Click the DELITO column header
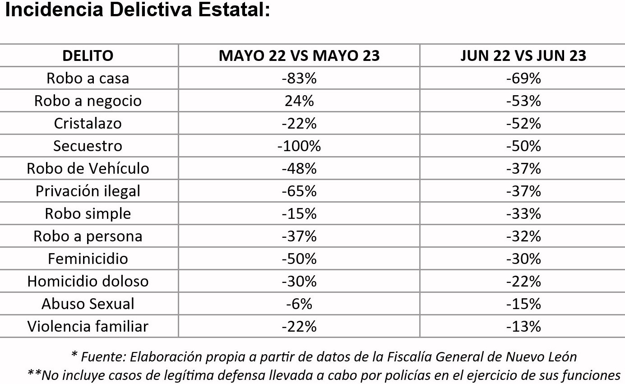pyautogui.click(x=88, y=56)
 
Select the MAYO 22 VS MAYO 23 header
pyautogui.click(x=299, y=56)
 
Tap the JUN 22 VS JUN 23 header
pyautogui.click(x=523, y=56)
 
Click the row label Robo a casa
pyautogui.click(x=88, y=78)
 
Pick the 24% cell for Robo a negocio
pyautogui.click(x=299, y=101)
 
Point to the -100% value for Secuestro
pyautogui.click(x=299, y=146)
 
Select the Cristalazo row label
pyautogui.click(x=88, y=123)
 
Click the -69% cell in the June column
pyautogui.click(x=523, y=78)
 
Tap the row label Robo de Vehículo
pyautogui.click(x=88, y=168)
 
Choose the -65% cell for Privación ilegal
pyautogui.click(x=299, y=191)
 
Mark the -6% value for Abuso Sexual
pyautogui.click(x=299, y=304)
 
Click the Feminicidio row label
pyautogui.click(x=88, y=259)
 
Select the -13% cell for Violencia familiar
pyautogui.click(x=523, y=326)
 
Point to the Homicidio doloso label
pyautogui.click(x=88, y=281)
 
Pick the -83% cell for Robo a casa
pyautogui.click(x=299, y=78)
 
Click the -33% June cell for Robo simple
pyautogui.click(x=523, y=213)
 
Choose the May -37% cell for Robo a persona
pyautogui.click(x=299, y=236)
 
